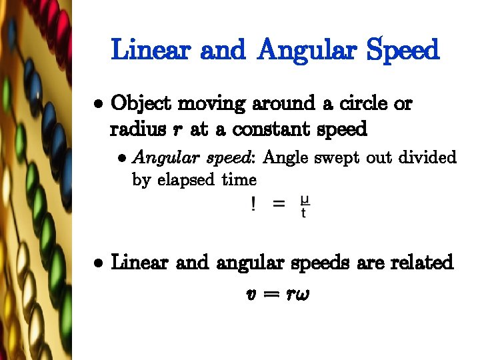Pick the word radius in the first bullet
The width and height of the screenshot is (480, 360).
pos(136,129)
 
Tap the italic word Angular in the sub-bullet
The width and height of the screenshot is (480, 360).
pos(160,159)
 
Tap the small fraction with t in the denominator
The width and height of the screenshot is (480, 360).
pos(304,206)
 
